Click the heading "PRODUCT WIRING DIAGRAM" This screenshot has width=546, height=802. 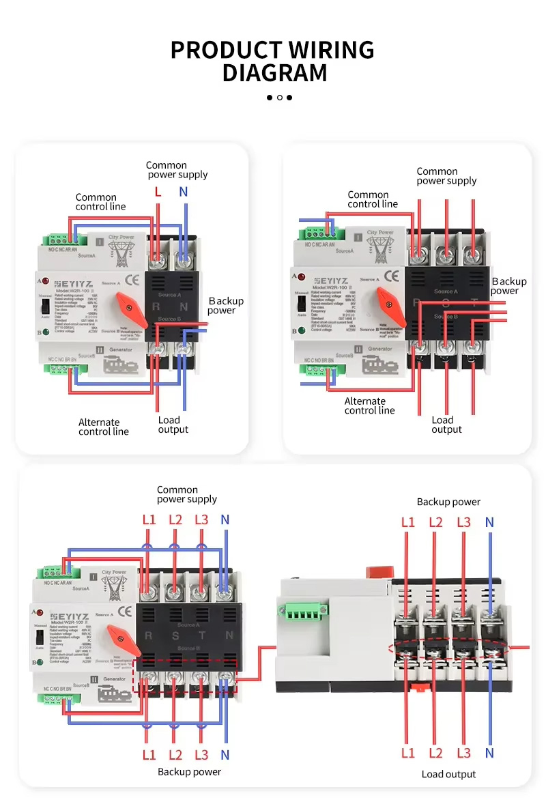coord(273,61)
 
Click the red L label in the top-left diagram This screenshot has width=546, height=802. coord(158,192)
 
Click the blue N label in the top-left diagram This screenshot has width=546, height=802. coord(184,192)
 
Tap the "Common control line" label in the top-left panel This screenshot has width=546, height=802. coord(100,202)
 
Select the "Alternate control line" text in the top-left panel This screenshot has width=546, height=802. coord(103,427)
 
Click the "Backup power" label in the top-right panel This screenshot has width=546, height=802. coord(508,286)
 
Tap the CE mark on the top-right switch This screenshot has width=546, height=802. coord(392,276)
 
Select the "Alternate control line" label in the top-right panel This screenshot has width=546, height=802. coord(369,405)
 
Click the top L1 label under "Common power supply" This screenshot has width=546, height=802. coord(149,520)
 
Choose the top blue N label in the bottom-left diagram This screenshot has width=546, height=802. coord(225,520)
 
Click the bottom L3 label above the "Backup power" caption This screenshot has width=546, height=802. coord(201,756)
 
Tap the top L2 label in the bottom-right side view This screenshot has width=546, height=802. coord(435,523)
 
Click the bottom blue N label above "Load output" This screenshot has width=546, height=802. coord(489,754)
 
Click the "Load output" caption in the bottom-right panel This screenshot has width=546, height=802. coord(448,774)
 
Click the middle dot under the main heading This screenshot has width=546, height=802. coord(279,98)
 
